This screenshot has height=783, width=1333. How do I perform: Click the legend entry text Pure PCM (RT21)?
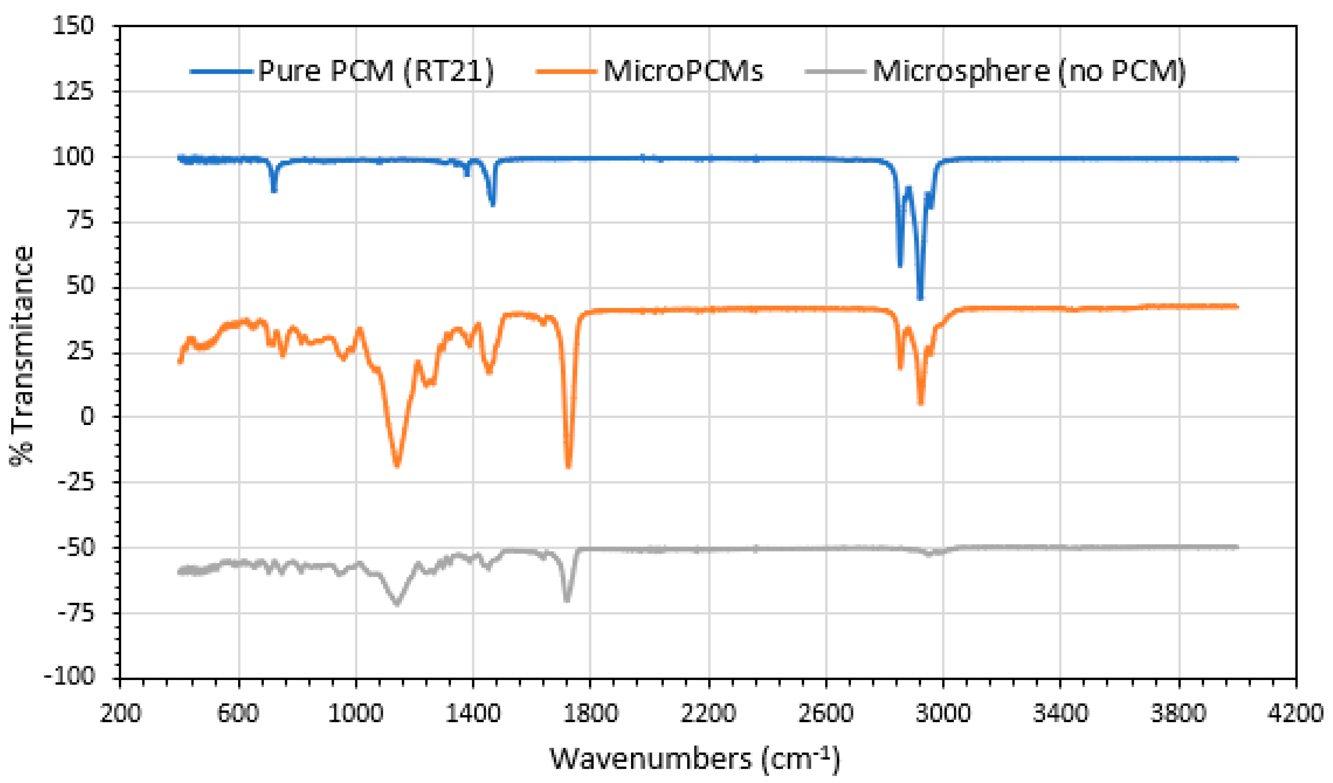pos(376,71)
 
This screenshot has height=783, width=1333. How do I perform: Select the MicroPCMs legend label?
pos(683,71)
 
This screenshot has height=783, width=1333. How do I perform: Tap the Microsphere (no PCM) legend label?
pos(1029,71)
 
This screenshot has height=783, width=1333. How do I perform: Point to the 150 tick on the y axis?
pos(73,25)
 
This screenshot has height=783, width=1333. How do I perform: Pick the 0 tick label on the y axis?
pos(87,417)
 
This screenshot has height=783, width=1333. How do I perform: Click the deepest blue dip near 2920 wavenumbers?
pos(921,298)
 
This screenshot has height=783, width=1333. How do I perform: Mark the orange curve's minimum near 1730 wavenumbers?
pos(568,465)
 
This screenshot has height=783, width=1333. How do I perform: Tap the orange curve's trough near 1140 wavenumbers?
pos(397,464)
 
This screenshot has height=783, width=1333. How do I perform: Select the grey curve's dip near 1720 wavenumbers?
pos(567,600)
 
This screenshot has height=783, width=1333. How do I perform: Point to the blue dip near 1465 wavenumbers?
pos(493,204)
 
